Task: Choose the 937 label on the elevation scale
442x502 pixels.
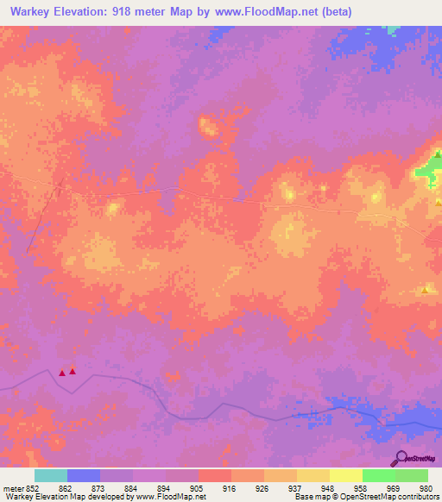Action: coord(295,487)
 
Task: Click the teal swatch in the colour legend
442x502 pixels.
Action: coord(50,475)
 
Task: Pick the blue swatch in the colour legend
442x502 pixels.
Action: coord(83,475)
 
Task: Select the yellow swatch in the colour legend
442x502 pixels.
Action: coord(345,475)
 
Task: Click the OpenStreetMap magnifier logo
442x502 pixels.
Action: coord(401,459)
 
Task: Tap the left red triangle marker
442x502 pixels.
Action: coord(62,373)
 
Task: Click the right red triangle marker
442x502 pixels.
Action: coord(73,371)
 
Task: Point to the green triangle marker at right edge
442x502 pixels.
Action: coord(438,155)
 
